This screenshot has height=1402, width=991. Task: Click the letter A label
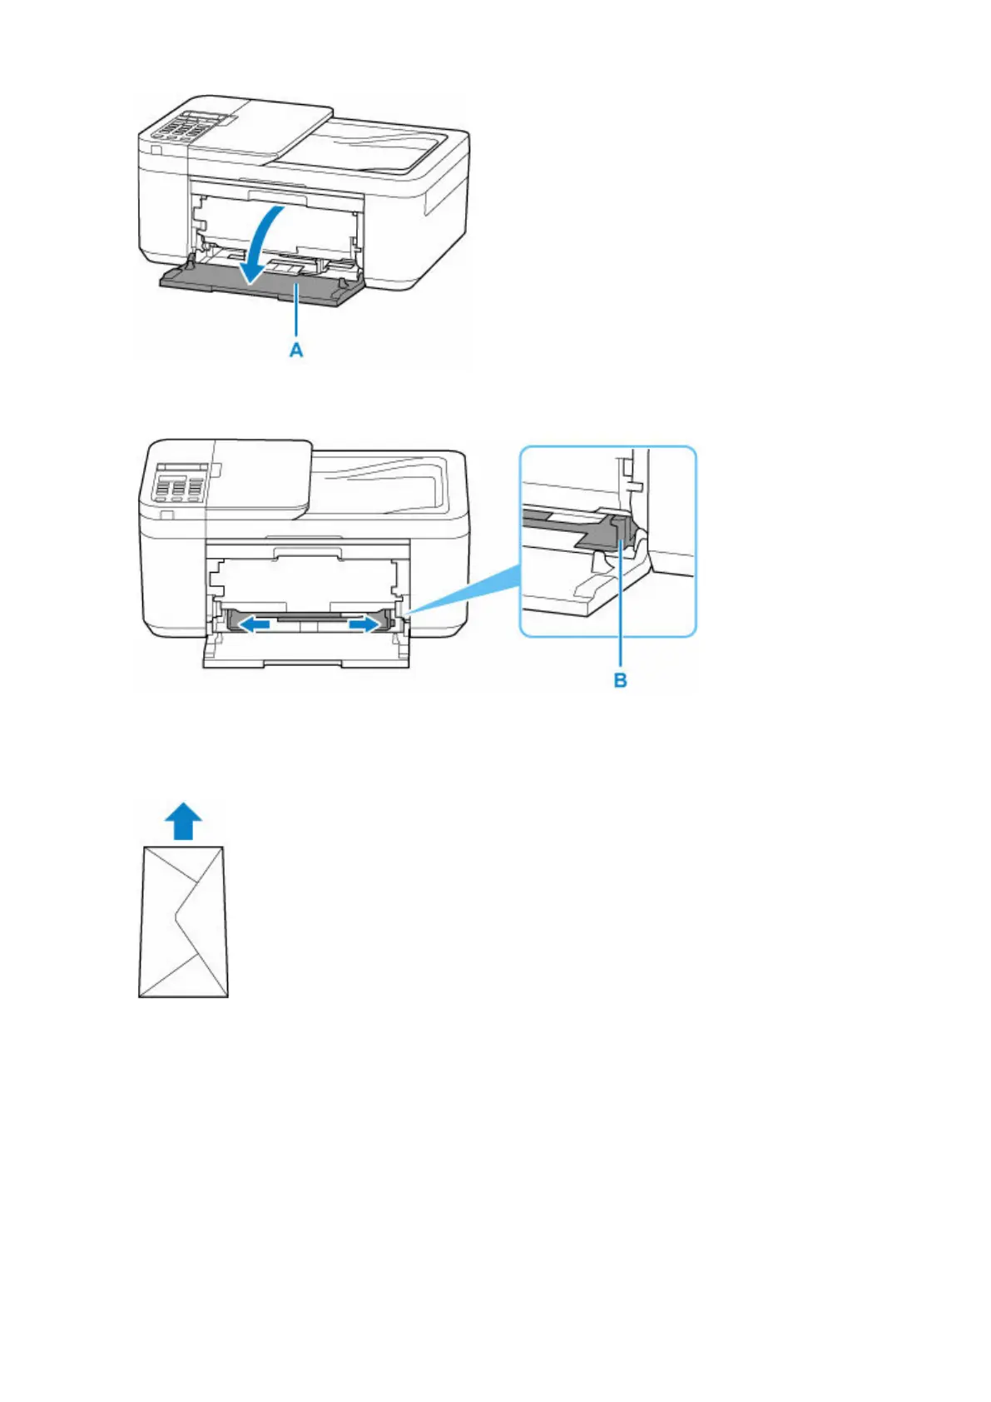[x=295, y=350]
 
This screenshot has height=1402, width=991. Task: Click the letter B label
[x=620, y=680]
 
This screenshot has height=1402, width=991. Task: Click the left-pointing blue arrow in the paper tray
[x=250, y=622]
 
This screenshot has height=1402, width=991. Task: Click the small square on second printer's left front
[x=166, y=516]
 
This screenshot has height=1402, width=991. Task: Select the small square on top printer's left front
[x=156, y=149]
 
